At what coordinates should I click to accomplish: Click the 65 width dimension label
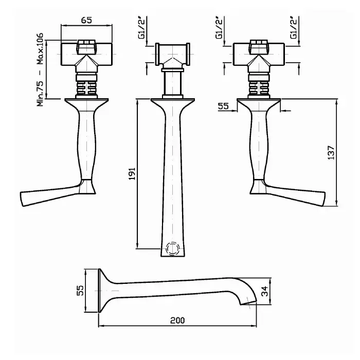point(86,20)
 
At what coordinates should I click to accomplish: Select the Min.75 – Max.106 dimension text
point(40,69)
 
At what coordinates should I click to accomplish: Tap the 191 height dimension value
point(132,174)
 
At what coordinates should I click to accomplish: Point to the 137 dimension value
point(331,153)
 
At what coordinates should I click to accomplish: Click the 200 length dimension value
point(177,320)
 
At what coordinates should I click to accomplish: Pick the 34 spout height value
point(264,291)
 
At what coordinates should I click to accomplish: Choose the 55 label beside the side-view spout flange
point(80,291)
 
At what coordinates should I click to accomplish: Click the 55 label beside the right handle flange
point(223,106)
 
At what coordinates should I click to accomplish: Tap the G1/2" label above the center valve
point(142,28)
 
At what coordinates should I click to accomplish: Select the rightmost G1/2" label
point(294,28)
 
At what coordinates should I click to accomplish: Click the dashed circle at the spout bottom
point(172,248)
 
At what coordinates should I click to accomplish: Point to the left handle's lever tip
point(22,199)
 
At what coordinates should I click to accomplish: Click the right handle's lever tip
point(323,199)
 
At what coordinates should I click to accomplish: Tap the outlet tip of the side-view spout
point(248,303)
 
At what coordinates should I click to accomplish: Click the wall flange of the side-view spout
point(99,291)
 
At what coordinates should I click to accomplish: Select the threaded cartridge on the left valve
point(86,85)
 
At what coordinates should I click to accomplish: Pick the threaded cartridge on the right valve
point(259,85)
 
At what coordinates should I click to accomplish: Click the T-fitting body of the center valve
point(173,54)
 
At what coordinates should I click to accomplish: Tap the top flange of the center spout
point(173,100)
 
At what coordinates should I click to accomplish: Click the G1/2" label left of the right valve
point(219,28)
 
